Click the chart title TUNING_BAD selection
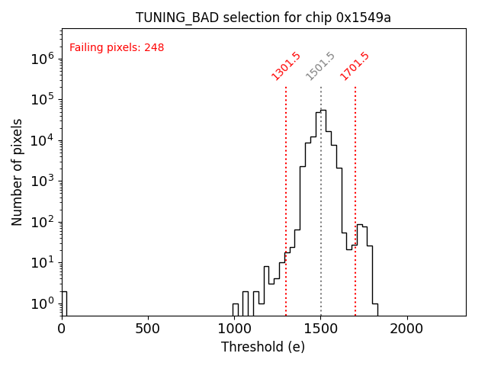tap(263, 18)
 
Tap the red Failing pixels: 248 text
tap(117, 48)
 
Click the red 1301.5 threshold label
tap(287, 66)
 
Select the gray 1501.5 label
tap(320, 66)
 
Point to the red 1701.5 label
tap(355, 66)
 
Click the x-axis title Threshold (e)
tap(263, 347)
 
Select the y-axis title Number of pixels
tap(18, 172)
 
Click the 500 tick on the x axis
tap(148, 329)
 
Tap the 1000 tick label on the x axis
tap(234, 329)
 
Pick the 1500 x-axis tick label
tap(320, 329)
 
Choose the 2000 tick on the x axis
tap(407, 329)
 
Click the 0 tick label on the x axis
tap(62, 329)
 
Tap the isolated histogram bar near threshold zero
tap(64, 303)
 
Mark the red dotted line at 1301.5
tap(286, 191)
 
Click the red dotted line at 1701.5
tap(355, 191)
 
